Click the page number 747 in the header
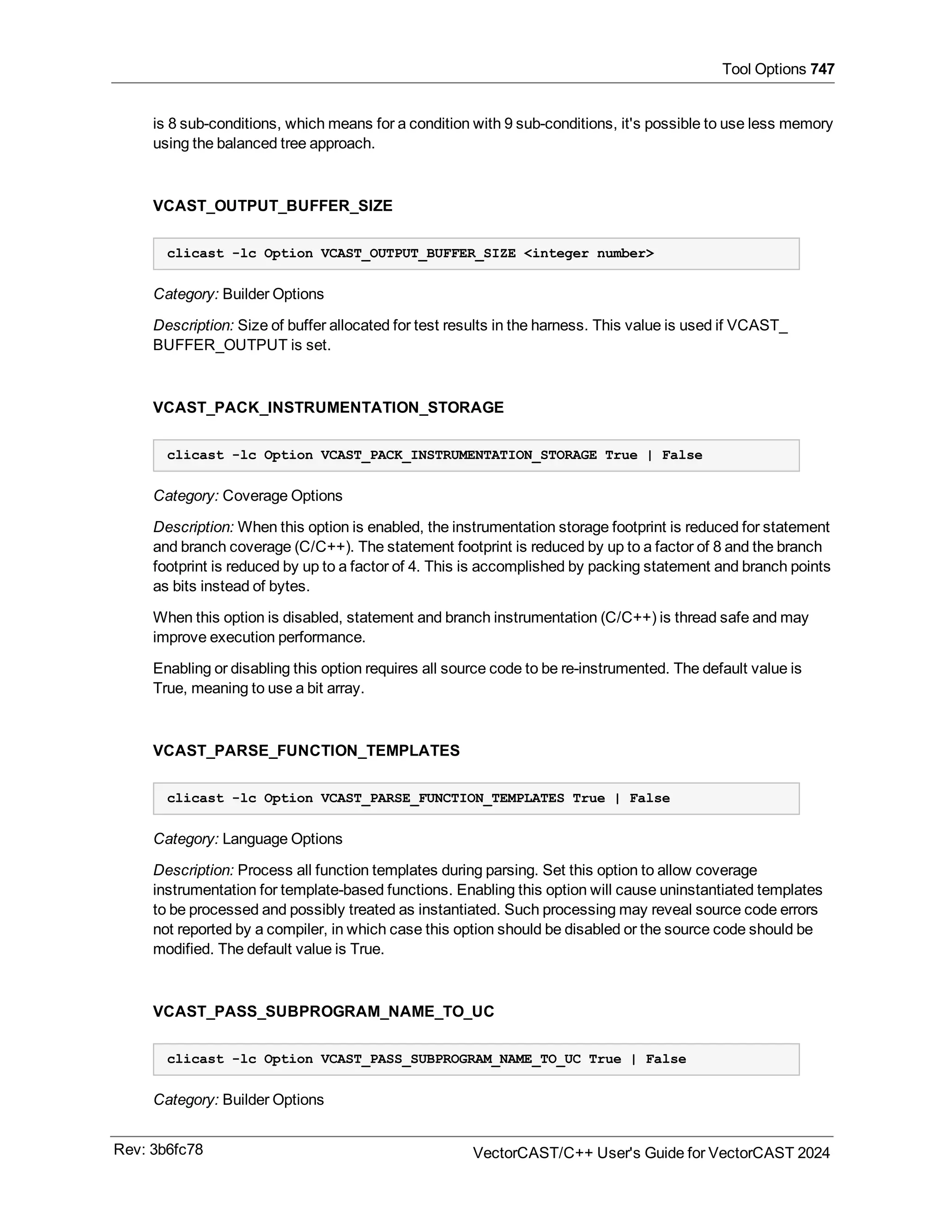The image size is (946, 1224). [x=822, y=69]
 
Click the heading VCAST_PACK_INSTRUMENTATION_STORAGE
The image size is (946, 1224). [x=328, y=407]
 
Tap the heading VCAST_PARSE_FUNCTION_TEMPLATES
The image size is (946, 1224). [x=306, y=751]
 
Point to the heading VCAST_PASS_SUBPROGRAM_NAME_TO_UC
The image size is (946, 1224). [x=323, y=1011]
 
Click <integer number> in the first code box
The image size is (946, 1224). [x=588, y=253]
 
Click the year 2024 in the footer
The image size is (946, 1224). [x=813, y=1153]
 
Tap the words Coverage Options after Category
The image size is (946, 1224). [x=282, y=496]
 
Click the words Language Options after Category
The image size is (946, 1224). [x=282, y=838]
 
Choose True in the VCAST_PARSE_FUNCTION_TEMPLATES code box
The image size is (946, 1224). [x=588, y=798]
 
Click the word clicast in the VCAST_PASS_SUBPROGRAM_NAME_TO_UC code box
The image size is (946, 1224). [x=195, y=1059]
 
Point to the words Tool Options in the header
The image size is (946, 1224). [x=763, y=69]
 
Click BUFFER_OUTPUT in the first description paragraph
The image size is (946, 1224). [x=220, y=345]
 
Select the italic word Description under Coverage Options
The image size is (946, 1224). [x=193, y=527]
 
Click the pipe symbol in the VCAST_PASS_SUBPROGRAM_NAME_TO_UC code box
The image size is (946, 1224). [x=633, y=1059]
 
